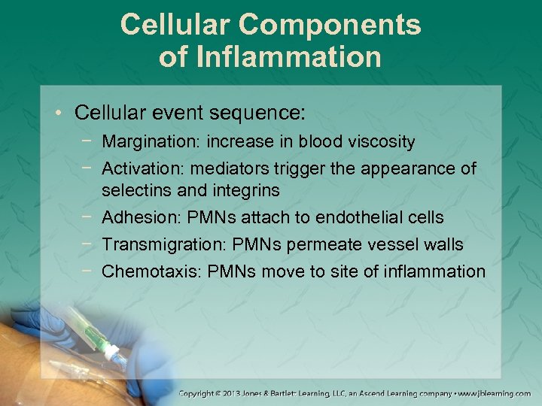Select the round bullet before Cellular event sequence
click(x=59, y=114)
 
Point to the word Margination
click(x=142, y=141)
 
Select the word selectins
click(x=133, y=190)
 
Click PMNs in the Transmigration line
click(x=252, y=244)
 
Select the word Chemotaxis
click(x=144, y=271)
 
